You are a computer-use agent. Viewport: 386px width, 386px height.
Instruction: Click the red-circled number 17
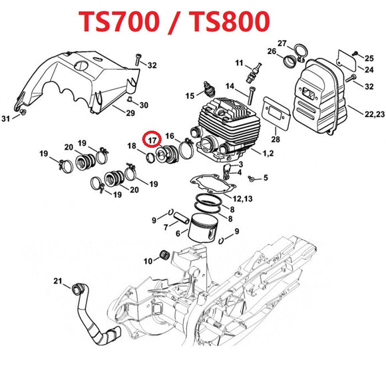[152, 140]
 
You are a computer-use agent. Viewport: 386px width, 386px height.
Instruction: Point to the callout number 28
[276, 139]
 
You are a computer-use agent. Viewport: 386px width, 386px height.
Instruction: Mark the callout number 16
[170, 134]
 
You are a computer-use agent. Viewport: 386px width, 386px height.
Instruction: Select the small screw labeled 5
[251, 178]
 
